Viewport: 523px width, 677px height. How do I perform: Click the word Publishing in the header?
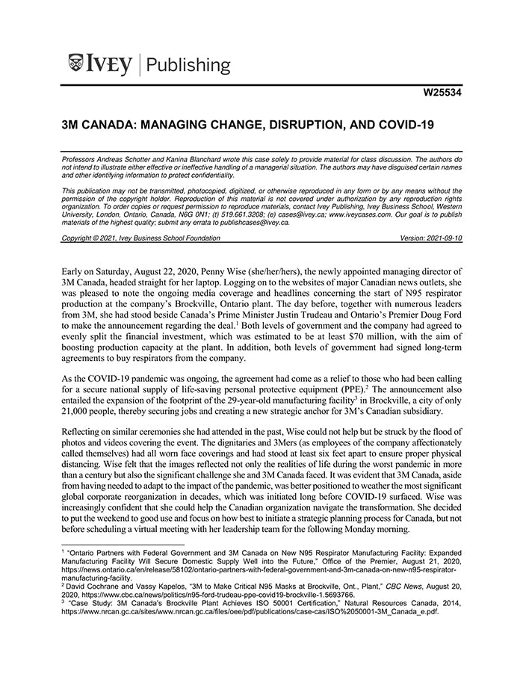(191, 65)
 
